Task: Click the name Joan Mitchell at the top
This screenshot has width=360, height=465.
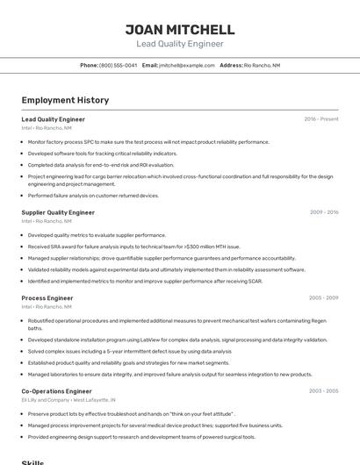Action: (180, 29)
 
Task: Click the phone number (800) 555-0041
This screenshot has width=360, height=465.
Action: (118, 65)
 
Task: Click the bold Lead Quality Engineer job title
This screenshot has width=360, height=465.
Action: (53, 118)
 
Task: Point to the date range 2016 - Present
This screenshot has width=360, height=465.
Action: (320, 118)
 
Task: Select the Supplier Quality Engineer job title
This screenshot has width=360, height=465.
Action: (58, 212)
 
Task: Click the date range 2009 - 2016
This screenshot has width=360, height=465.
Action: (324, 212)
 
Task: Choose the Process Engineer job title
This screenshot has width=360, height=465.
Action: (47, 298)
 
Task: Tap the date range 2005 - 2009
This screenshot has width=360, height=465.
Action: (324, 298)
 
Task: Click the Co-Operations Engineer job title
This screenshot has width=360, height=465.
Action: (56, 390)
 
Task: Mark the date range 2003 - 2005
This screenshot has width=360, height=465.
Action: (324, 390)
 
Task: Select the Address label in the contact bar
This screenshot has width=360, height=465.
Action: (231, 65)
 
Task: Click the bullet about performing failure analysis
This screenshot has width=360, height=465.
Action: (93, 196)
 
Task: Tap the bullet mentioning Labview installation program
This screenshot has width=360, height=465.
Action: (176, 339)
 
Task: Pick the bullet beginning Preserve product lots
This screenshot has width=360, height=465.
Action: (132, 413)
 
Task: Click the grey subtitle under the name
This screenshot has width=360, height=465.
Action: (180, 44)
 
